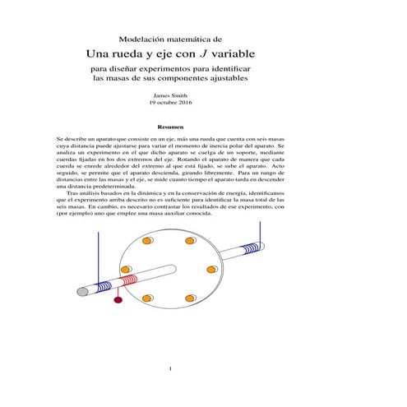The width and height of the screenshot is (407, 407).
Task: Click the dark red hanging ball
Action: [x=118, y=299]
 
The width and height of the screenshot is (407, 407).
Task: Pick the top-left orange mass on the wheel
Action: [x=147, y=242]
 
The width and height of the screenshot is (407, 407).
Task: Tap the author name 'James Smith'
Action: [x=170, y=96]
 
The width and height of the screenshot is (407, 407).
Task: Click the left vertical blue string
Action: [x=99, y=255]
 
